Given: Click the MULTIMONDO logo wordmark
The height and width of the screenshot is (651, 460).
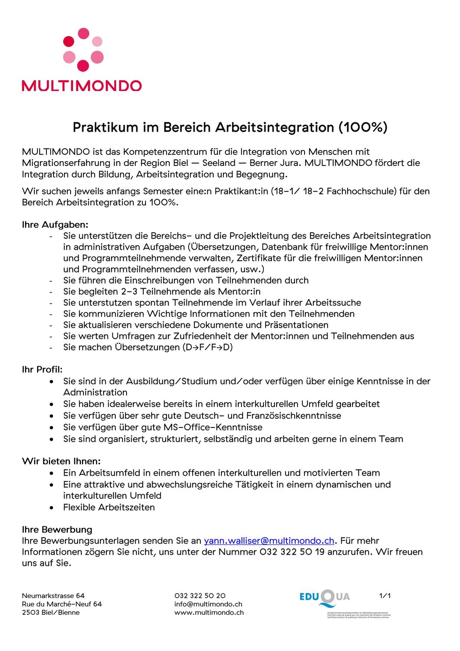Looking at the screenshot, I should click(82, 86).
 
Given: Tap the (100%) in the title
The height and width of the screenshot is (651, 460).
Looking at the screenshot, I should click(362, 127).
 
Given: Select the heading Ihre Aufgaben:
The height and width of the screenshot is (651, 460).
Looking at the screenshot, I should click(55, 225).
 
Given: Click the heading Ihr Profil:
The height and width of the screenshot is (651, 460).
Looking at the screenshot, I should click(42, 370).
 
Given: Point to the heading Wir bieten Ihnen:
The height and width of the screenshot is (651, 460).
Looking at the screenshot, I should click(61, 461).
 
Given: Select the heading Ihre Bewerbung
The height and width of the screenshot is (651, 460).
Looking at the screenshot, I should click(57, 529).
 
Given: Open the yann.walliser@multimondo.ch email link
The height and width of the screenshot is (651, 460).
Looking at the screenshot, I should click(269, 541).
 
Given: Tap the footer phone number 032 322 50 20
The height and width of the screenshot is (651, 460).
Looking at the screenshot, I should click(200, 596).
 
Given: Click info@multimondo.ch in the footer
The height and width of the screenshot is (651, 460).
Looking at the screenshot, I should click(208, 604).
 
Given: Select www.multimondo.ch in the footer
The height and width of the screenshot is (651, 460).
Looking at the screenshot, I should click(209, 612).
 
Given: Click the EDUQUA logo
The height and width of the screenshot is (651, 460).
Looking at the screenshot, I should click(325, 598).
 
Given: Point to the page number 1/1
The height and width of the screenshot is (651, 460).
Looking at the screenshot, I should click(385, 596).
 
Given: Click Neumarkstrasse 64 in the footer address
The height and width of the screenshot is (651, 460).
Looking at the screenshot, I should click(53, 596).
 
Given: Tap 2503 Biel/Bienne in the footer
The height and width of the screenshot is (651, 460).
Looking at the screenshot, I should click(50, 612).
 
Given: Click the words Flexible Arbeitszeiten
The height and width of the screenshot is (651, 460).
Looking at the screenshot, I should click(109, 507).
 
